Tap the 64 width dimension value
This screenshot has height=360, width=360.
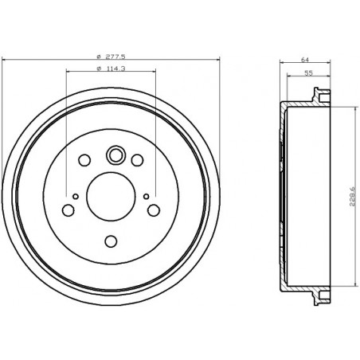(305, 59)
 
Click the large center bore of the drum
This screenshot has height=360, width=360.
(111, 196)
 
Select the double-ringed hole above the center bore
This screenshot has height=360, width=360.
(114, 155)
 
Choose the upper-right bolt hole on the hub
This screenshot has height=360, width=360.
(137, 162)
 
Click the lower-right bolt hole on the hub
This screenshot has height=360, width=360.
(154, 210)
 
